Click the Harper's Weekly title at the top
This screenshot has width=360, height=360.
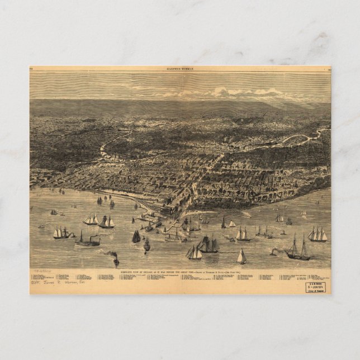click(179, 69)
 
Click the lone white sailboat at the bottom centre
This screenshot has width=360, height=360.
click(241, 257)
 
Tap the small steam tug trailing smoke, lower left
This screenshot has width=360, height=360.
click(116, 259)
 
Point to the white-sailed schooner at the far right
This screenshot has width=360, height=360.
click(318, 234)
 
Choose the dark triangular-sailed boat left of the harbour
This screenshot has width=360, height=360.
click(136, 236)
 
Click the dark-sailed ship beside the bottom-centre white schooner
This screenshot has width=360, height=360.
click(208, 244)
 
